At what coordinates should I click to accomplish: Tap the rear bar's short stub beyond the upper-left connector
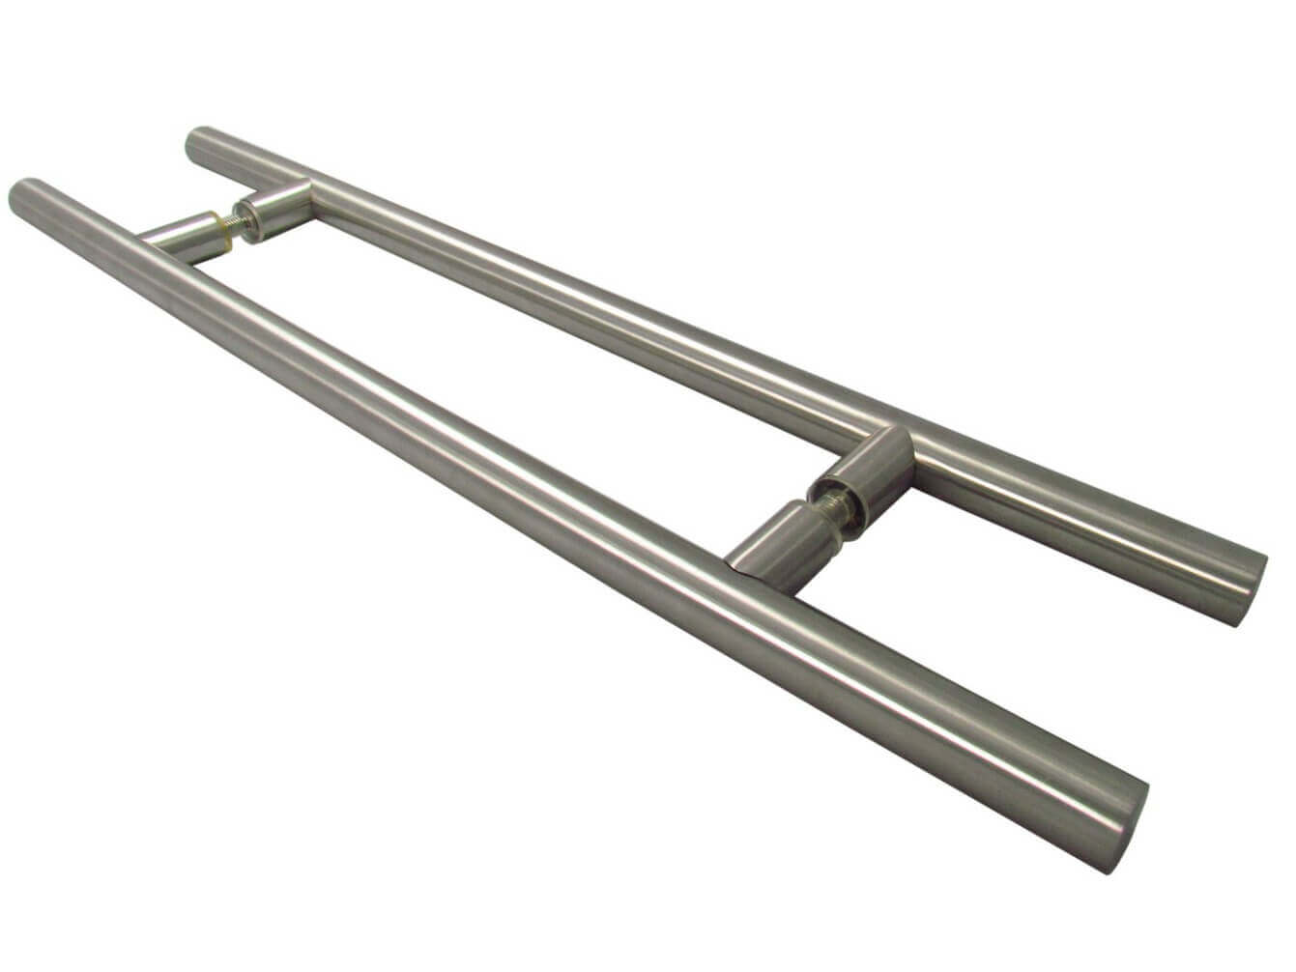coord(242,159)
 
